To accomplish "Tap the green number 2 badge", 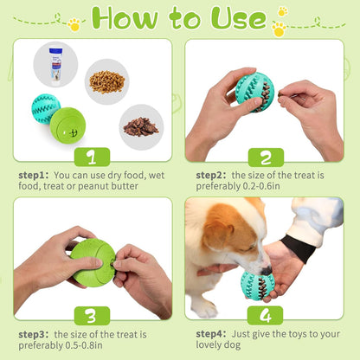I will click(x=266, y=157).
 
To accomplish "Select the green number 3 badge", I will click(x=92, y=314).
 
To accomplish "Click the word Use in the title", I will click(x=235, y=19).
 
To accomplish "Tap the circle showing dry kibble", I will click(x=106, y=80).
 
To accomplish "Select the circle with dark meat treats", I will click(x=140, y=125).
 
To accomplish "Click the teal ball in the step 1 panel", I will click(x=46, y=108).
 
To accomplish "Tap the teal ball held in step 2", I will click(x=254, y=92).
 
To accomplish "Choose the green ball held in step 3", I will click(x=93, y=262).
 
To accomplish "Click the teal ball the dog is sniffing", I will click(x=258, y=283).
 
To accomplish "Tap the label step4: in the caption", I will click(x=211, y=333).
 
